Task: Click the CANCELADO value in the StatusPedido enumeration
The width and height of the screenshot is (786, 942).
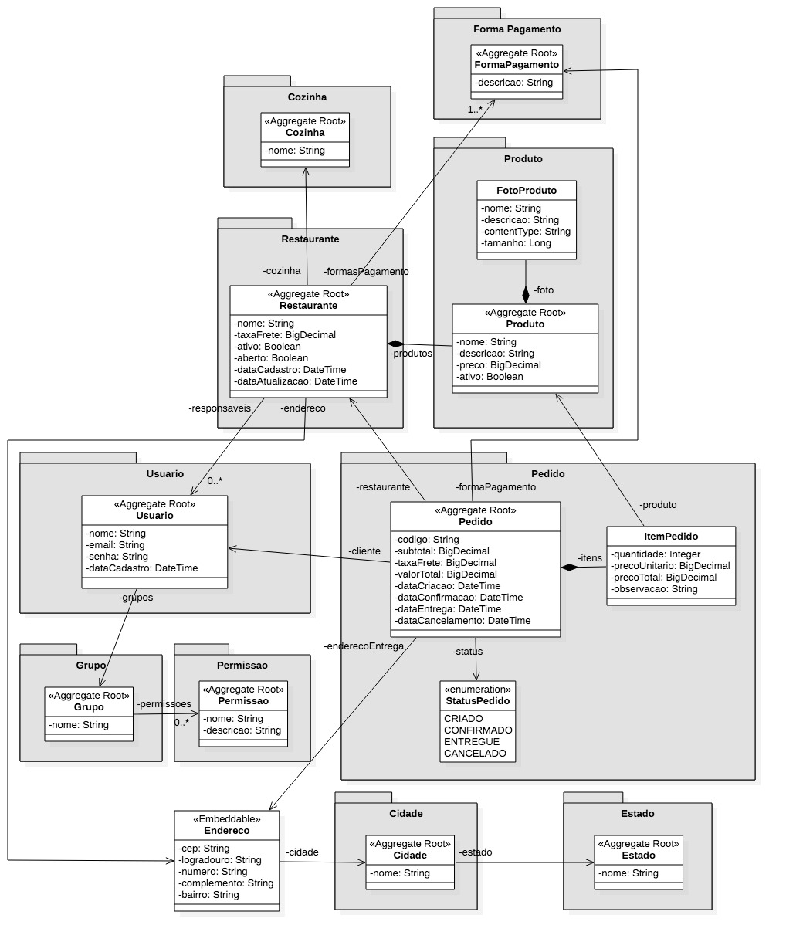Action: pyautogui.click(x=475, y=753)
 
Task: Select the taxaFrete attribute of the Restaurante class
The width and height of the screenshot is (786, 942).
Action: pyautogui.click(x=285, y=335)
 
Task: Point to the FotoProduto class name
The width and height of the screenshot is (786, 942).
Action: pyautogui.click(x=527, y=190)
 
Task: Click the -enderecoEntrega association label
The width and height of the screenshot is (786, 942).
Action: pyautogui.click(x=364, y=646)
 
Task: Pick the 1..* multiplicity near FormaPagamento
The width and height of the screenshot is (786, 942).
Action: pyautogui.click(x=475, y=110)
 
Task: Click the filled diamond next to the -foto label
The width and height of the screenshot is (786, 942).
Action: pyautogui.click(x=526, y=295)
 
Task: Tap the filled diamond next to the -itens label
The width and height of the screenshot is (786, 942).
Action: pyautogui.click(x=570, y=568)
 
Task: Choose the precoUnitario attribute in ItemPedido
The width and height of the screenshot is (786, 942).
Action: pyautogui.click(x=670, y=565)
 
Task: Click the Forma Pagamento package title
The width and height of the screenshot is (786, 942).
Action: pyautogui.click(x=517, y=29)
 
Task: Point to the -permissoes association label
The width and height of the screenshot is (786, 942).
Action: pyautogui.click(x=164, y=704)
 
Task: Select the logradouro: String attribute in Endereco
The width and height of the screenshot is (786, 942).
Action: pyautogui.click(x=219, y=859)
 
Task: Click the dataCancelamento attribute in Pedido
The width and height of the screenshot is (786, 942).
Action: pyautogui.click(x=462, y=620)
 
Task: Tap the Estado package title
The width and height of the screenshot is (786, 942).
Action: pyautogui.click(x=637, y=813)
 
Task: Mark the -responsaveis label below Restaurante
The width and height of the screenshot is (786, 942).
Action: pyautogui.click(x=219, y=408)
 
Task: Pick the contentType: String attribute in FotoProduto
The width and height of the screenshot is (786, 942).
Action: pyautogui.click(x=526, y=231)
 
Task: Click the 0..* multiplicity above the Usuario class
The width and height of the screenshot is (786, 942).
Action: pyautogui.click(x=215, y=481)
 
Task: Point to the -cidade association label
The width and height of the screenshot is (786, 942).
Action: pyautogui.click(x=302, y=852)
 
